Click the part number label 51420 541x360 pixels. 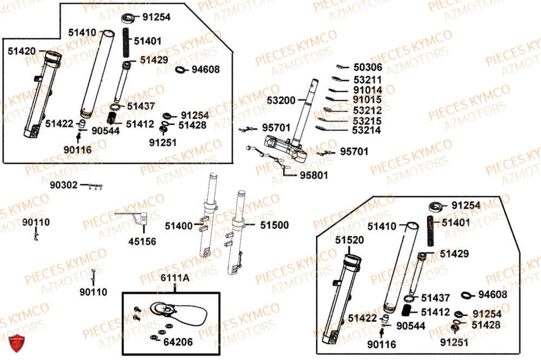click(22, 51)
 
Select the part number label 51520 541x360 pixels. click(349, 239)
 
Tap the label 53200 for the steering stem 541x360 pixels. click(281, 101)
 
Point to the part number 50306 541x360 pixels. click(368, 68)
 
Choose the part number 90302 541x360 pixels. click(64, 185)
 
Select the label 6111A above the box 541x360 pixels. click(174, 277)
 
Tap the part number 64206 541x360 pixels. click(178, 342)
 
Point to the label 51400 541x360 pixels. click(179, 225)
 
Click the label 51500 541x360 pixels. click(274, 225)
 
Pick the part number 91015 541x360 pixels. click(367, 100)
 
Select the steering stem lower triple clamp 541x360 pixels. click(285, 148)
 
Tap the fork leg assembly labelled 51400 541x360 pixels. click(210, 216)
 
